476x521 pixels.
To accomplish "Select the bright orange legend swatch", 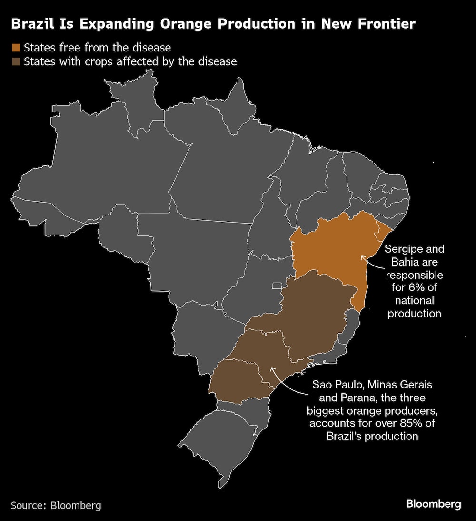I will tap(17, 47).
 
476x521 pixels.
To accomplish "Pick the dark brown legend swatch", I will tap(17, 61).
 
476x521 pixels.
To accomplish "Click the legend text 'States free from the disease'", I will tap(97, 47).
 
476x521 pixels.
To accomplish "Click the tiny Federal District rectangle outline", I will tap(277, 286).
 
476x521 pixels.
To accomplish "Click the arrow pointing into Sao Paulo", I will tap(272, 368).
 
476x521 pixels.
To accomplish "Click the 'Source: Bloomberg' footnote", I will tap(56, 505).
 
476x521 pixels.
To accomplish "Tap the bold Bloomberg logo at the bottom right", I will tap(433, 504).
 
